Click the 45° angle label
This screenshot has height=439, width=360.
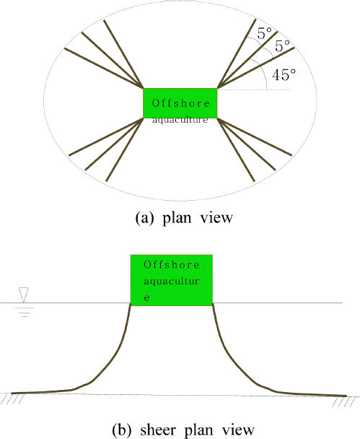coord(284,75)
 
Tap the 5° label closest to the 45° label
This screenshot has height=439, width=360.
coord(283,45)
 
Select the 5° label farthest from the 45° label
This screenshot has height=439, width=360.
coord(264,33)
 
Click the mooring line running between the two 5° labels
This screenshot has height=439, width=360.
coord(247,59)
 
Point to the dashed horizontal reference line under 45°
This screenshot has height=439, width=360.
coord(254,90)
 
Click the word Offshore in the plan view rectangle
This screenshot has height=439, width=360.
coord(180,103)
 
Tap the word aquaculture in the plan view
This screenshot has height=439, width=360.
coord(180,120)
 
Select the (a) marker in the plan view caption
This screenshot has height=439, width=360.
coord(144,218)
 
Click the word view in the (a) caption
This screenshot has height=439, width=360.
coord(216,217)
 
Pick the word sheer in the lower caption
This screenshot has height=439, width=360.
coord(158,430)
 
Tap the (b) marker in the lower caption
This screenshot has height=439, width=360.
coord(122,430)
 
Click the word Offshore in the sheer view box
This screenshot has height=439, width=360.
coord(172,264)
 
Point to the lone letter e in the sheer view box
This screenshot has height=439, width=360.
coord(146,297)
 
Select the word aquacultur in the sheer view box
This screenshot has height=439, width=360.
coord(172,282)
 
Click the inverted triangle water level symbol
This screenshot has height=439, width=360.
coord(24,295)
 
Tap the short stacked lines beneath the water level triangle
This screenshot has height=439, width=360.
coord(25,312)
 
